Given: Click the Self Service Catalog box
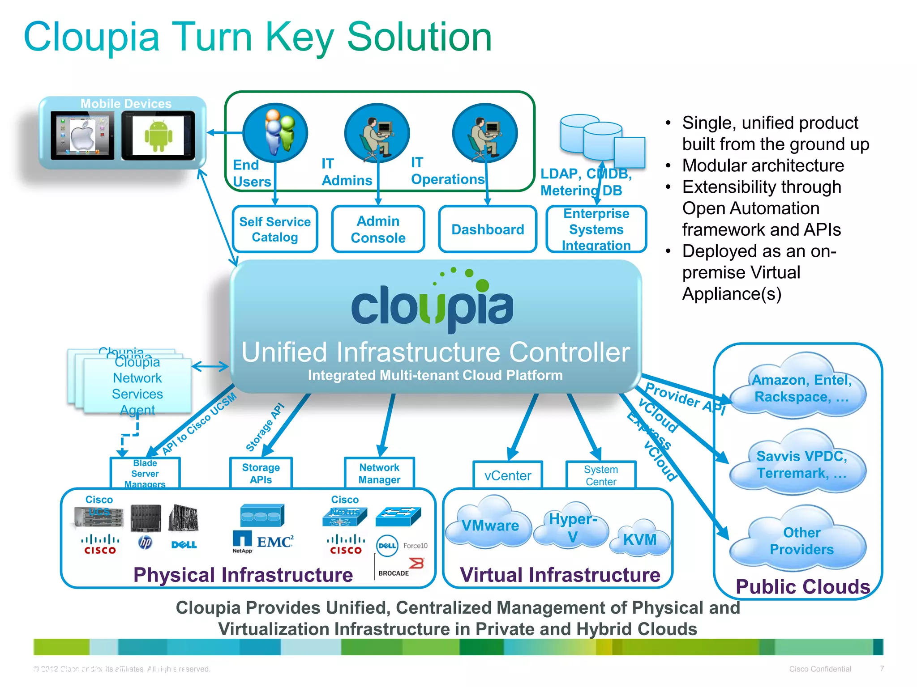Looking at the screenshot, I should click(275, 229).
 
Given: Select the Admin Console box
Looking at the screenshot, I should click(378, 229).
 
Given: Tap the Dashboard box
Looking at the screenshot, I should click(488, 229).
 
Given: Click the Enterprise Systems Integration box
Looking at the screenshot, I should click(596, 229).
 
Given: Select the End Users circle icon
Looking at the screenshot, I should click(275, 132).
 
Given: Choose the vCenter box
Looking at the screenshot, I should click(508, 475).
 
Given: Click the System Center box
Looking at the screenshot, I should click(601, 475).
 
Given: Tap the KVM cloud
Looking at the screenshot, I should click(639, 539).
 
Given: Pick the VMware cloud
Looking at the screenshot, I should click(490, 524).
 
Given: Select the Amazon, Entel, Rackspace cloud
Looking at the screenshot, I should click(801, 388).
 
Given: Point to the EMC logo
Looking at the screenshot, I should click(275, 542).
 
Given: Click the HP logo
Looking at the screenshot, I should click(145, 543).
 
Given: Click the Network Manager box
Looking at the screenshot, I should click(379, 473).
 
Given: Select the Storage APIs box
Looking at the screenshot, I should click(261, 473).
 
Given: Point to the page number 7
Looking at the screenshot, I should click(882, 668).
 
